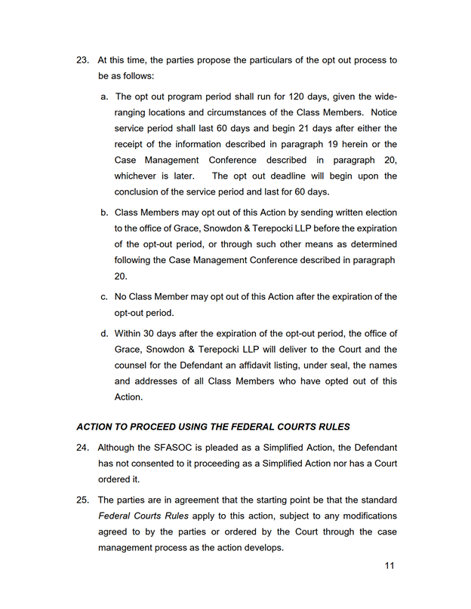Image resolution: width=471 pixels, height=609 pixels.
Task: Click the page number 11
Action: [389, 566]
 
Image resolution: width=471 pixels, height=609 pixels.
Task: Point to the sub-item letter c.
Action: [104, 296]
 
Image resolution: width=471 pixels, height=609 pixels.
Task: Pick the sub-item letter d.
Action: [104, 333]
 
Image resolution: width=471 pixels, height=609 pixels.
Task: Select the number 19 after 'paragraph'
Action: [331, 144]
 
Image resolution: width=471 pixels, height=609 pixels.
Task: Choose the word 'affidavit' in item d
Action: [245, 366]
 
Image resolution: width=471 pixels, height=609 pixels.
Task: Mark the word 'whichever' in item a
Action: [135, 176]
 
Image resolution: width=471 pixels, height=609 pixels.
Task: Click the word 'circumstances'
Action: [223, 112]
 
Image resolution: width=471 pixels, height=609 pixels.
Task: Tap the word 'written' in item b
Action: [343, 213]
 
